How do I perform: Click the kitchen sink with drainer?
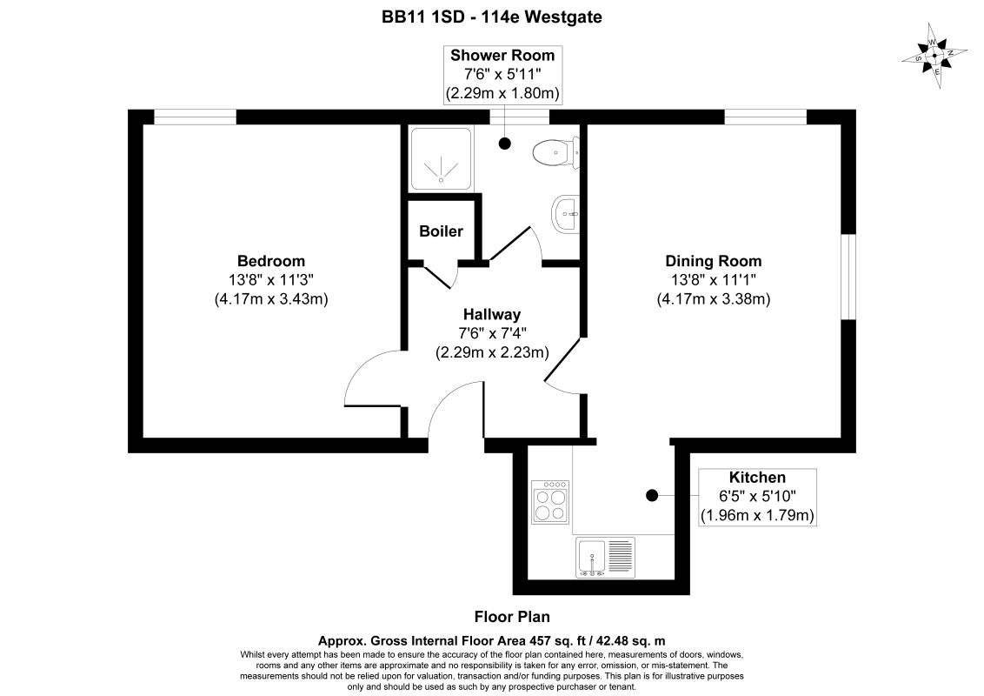pos(605,557)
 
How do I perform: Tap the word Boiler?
pos(441,231)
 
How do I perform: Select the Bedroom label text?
pos(271,261)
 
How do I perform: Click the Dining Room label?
pos(713,261)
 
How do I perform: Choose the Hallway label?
pos(491,315)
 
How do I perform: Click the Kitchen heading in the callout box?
pos(756,478)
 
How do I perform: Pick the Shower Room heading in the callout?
pos(502,56)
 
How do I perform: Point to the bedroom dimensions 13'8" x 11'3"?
pos(271,279)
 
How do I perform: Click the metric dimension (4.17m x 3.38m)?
pos(714,298)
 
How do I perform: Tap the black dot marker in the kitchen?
pos(651,495)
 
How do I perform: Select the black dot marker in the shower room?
pos(505,143)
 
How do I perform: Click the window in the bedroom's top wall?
pos(195,117)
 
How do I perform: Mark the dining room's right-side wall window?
pos(848,277)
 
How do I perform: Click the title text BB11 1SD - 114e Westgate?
pos(492,16)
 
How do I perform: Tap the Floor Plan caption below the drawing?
pos(511,617)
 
